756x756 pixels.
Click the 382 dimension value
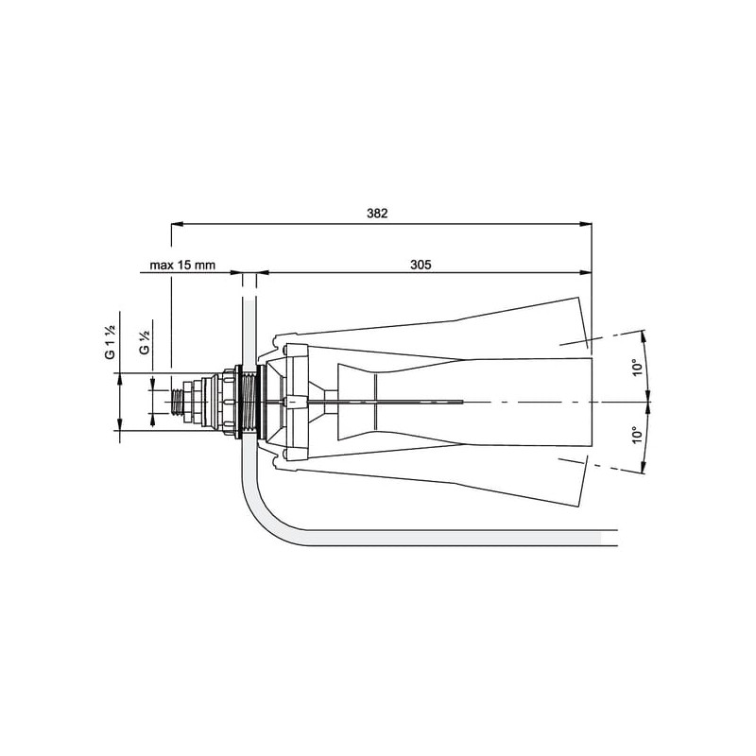click(377, 214)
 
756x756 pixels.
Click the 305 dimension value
click(421, 265)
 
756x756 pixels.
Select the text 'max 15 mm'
click(182, 265)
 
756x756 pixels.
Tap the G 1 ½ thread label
click(111, 342)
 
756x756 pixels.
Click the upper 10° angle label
click(638, 367)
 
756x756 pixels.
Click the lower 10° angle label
click(638, 435)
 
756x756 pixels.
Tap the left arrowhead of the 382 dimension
click(178, 224)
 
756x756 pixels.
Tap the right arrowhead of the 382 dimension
click(586, 224)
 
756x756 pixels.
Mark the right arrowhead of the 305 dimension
click(586, 273)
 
